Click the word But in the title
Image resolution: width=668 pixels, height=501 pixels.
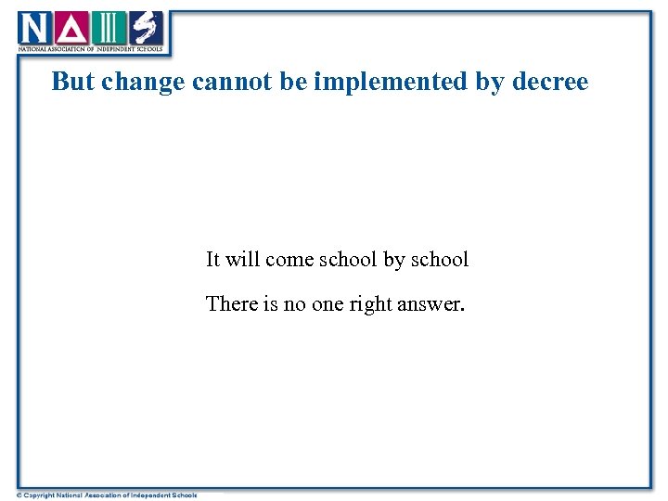point(73,82)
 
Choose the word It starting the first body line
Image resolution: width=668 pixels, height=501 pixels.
point(212,260)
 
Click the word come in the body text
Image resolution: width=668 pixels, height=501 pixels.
point(289,260)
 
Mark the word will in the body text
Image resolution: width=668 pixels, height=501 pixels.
point(242,260)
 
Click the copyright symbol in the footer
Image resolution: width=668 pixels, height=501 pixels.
point(19,495)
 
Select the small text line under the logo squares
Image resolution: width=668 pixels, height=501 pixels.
point(91,48)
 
